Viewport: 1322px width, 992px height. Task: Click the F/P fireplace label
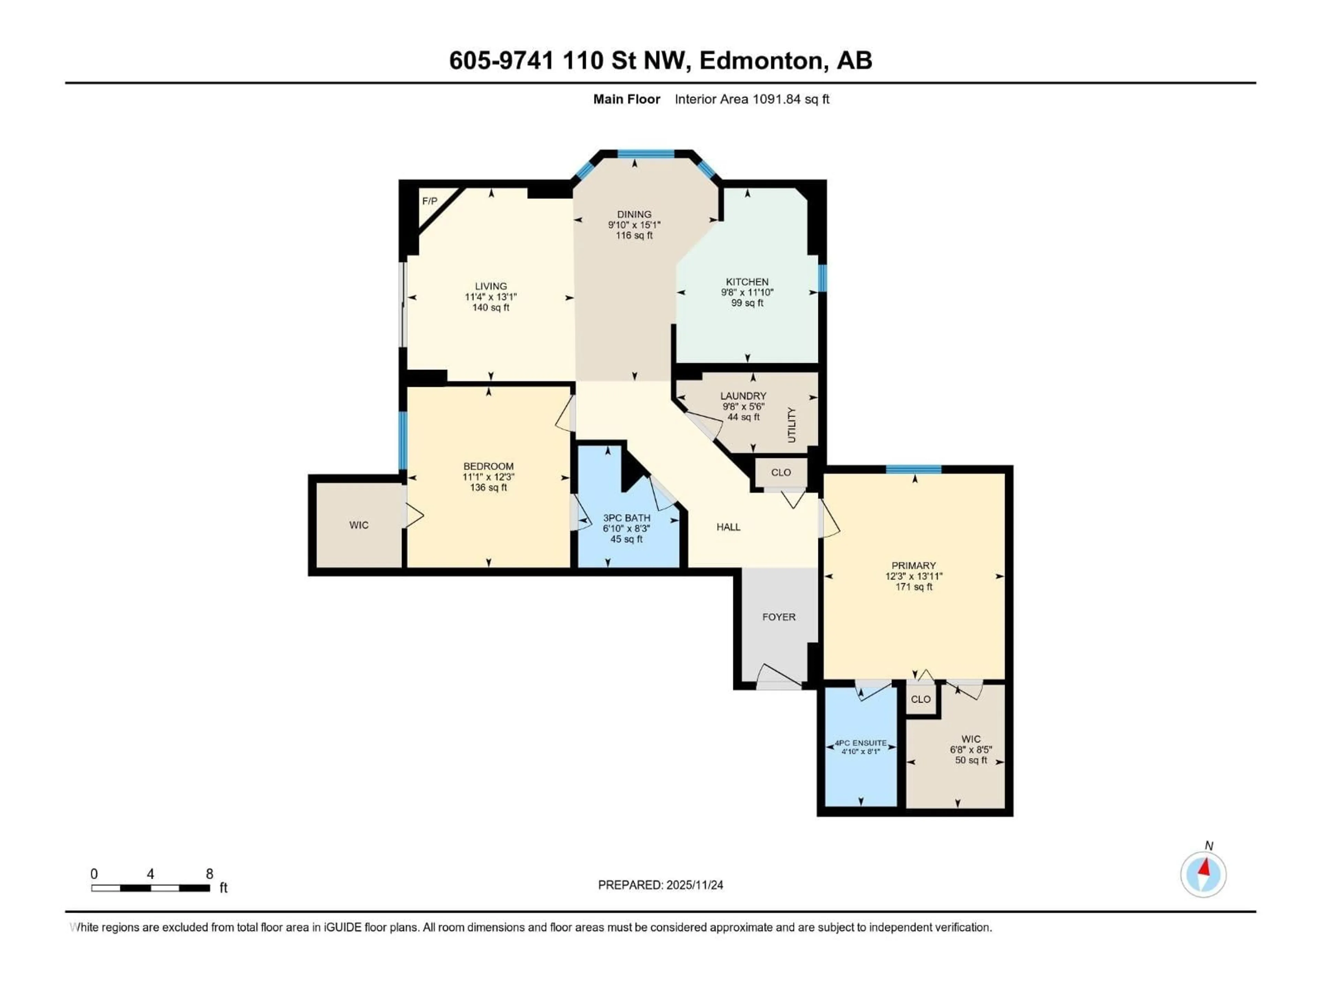pos(429,201)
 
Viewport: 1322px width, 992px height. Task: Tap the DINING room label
pos(634,214)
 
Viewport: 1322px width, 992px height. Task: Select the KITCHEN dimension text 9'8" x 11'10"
pos(747,292)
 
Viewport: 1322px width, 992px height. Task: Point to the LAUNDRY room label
pos(743,396)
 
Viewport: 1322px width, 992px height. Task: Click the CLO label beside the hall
pos(780,472)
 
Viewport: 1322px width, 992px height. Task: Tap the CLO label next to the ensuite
pos(920,699)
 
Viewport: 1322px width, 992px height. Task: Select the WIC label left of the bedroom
pos(359,525)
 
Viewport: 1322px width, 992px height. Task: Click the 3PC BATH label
pos(626,518)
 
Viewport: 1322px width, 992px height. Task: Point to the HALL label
pos(728,527)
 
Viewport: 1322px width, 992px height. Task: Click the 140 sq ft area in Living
pos(491,307)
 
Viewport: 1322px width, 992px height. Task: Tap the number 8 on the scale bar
pos(209,874)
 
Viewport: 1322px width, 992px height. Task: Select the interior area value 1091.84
pos(776,99)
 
